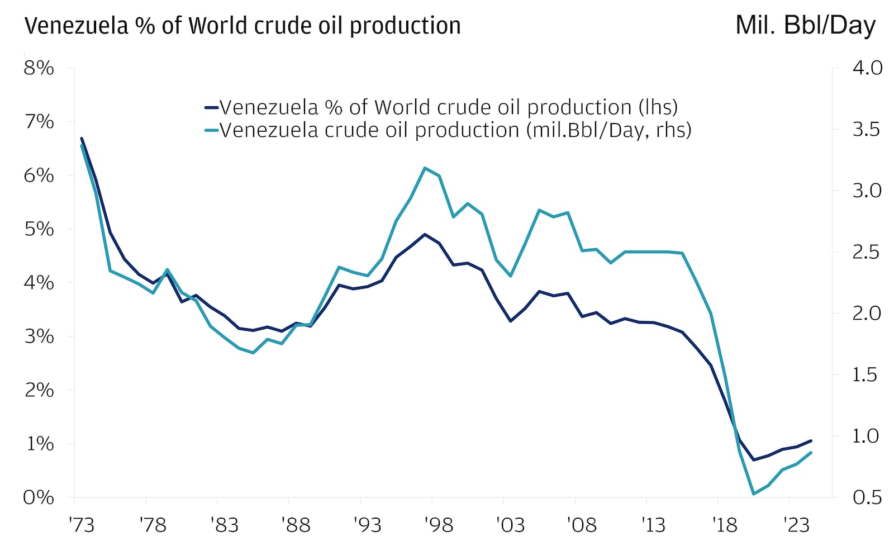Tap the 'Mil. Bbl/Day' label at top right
point(805,25)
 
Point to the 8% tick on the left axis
point(39,68)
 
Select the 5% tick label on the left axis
point(39,229)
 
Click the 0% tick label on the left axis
point(39,497)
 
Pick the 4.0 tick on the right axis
point(867,68)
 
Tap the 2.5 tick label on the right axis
point(867,252)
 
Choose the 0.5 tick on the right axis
point(867,497)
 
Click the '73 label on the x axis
point(82,525)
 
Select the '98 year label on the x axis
point(439,525)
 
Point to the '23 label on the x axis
point(796,525)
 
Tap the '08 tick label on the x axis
point(582,525)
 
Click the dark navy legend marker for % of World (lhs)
point(211,107)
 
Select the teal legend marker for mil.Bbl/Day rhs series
point(211,130)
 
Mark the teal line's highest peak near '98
point(425,168)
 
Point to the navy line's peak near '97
point(425,234)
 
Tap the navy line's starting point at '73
point(82,138)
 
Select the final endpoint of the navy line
point(811,440)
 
